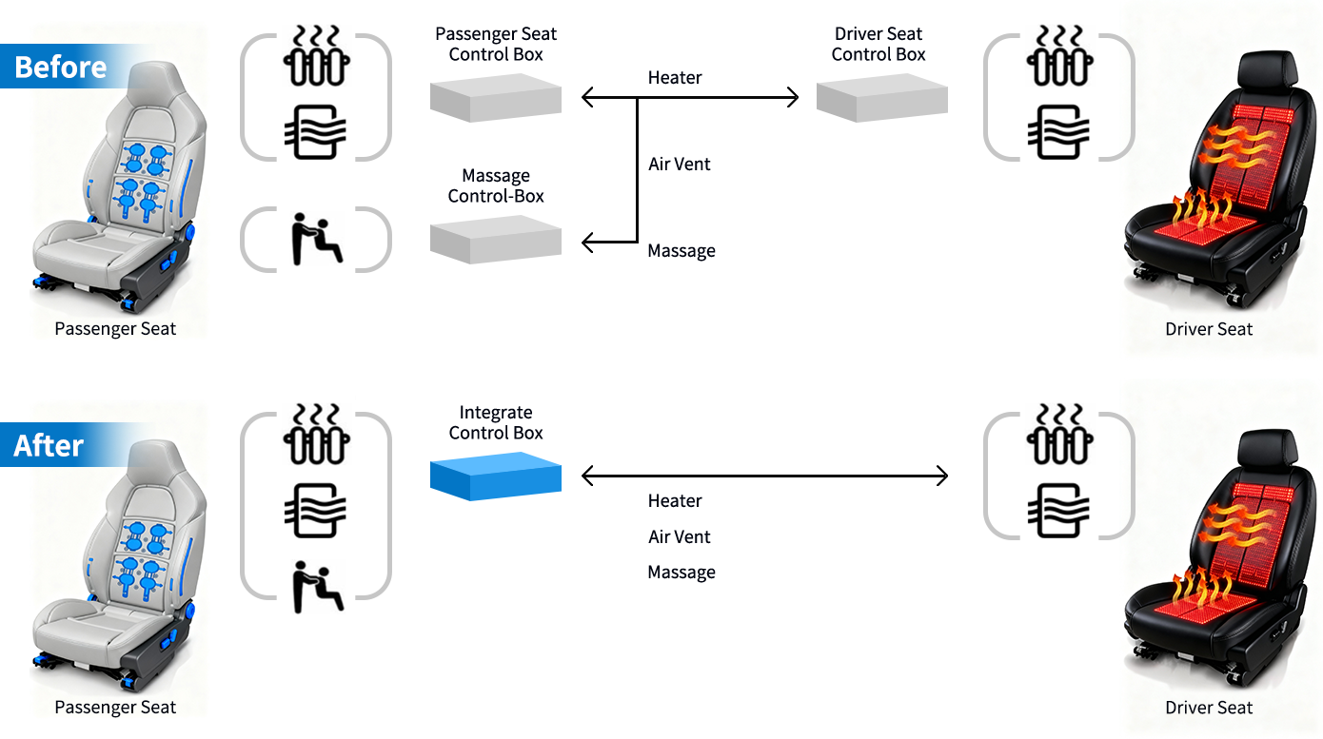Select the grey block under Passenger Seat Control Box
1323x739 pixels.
495,99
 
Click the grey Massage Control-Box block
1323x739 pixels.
495,239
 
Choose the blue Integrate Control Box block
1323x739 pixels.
495,476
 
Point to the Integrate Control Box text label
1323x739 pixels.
496,423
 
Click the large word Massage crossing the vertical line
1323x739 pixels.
634,205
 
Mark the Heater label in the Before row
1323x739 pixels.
675,78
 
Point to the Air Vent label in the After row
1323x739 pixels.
680,537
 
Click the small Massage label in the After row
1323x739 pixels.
681,573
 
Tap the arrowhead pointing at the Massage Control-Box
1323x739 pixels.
587,243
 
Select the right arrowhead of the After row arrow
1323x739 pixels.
943,476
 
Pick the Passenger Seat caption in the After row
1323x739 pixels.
115,708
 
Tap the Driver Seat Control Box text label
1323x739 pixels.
879,45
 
